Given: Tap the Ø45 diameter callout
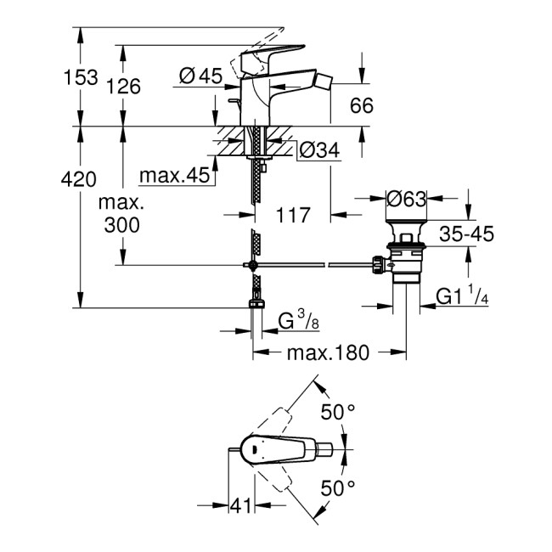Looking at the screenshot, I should tap(200, 77).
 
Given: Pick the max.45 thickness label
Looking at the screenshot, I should tap(174, 176).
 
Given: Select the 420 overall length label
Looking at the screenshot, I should tap(79, 179).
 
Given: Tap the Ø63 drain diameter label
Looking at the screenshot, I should tap(406, 200).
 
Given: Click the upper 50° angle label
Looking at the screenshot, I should tap(338, 413).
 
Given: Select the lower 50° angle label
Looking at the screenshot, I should tap(338, 489).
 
